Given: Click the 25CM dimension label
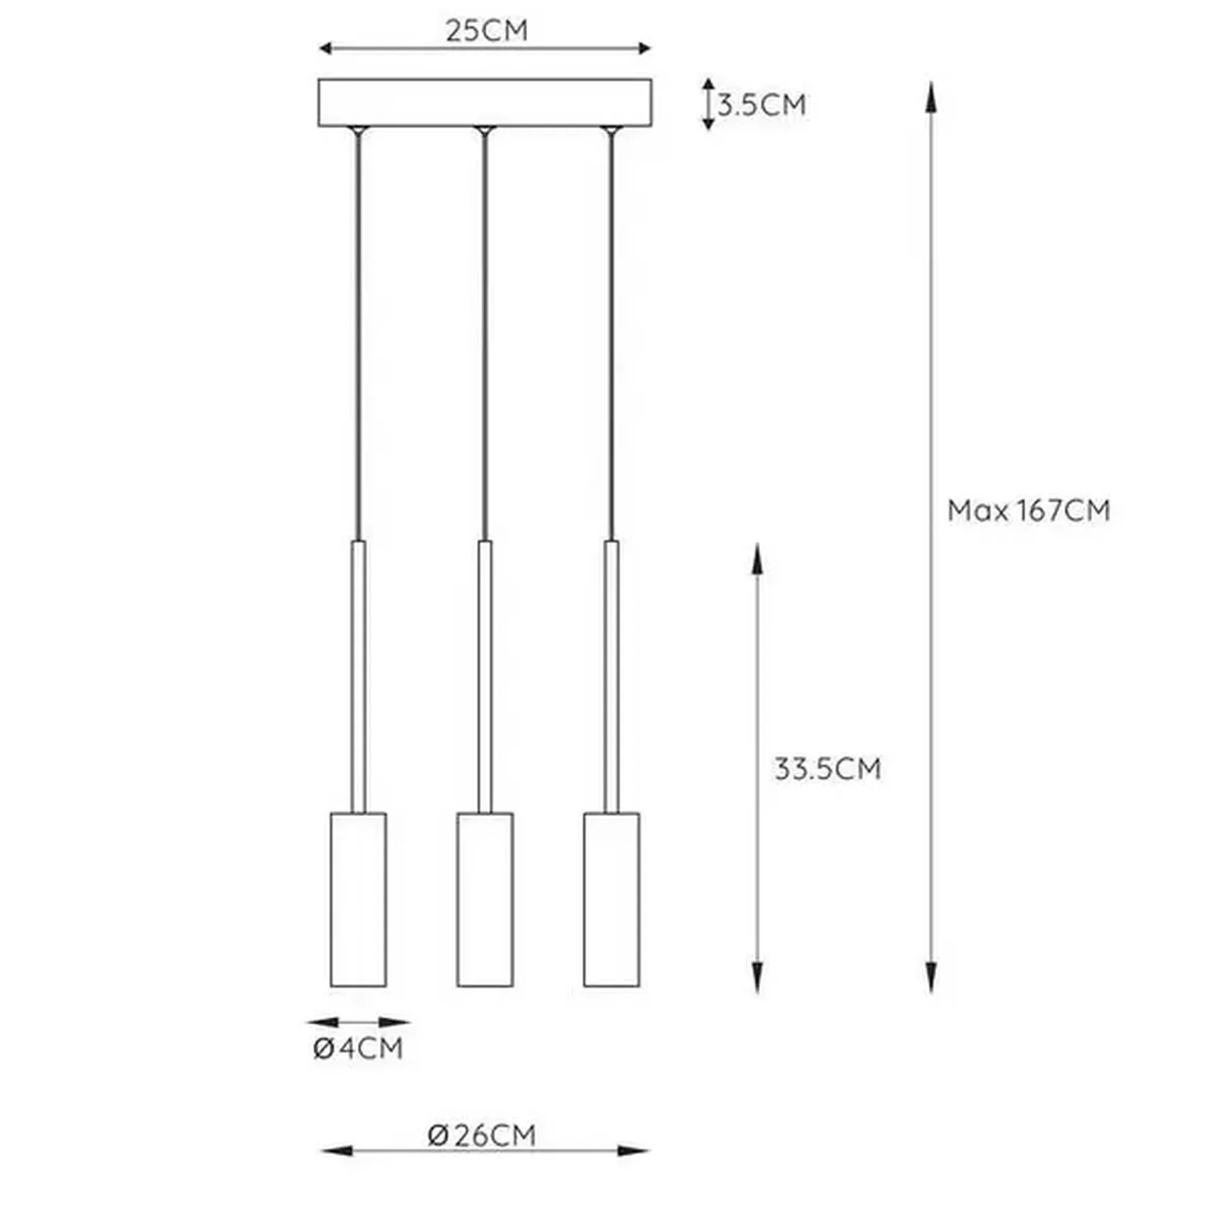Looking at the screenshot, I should [x=487, y=30].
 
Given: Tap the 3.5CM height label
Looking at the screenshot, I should [x=761, y=105].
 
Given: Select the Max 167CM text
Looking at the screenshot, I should [x=1028, y=510].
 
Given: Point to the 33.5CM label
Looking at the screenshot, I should [x=827, y=769].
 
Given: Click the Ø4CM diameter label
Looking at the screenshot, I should [x=358, y=1047].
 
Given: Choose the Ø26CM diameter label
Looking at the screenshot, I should [x=482, y=1135].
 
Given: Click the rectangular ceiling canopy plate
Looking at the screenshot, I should [x=485, y=103].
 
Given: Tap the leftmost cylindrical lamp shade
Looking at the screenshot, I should [x=358, y=899].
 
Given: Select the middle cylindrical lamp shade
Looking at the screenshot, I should [x=485, y=899].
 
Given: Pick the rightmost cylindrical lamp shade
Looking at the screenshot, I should [x=611, y=899].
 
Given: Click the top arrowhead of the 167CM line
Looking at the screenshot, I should [x=931, y=95].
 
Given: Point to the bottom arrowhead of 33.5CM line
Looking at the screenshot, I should [x=757, y=978].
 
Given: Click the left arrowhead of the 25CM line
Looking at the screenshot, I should [x=325, y=48].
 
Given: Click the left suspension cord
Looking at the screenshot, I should [x=358, y=332].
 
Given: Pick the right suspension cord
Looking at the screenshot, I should [x=611, y=332].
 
